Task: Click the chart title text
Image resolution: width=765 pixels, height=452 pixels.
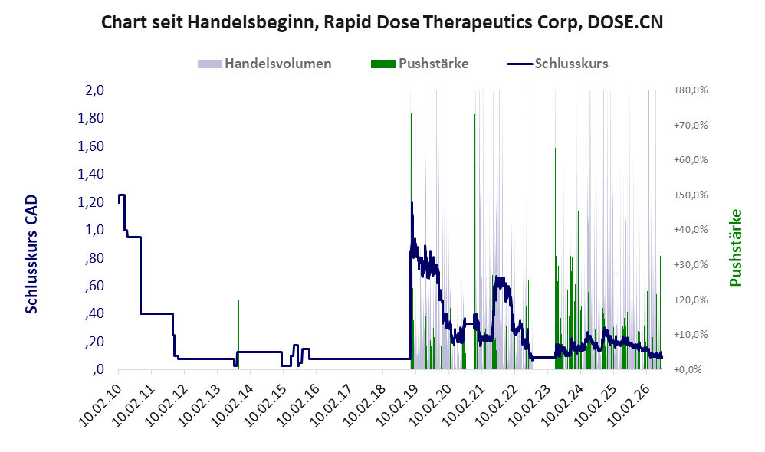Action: tap(382, 22)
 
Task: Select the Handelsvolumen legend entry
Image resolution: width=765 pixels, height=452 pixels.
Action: tap(264, 64)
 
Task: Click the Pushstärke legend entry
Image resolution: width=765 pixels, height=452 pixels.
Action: tap(419, 64)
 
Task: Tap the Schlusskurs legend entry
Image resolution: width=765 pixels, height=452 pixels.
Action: tap(557, 64)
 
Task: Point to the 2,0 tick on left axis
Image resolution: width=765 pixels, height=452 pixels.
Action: tap(94, 90)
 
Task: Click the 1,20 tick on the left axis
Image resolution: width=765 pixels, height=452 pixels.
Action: tap(90, 201)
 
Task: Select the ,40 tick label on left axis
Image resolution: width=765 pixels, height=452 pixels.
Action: tap(94, 313)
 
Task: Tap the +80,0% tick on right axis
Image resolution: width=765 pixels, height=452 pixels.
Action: tap(691, 90)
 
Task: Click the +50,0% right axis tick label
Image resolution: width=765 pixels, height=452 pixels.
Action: tap(691, 195)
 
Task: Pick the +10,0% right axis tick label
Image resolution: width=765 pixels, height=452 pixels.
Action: tap(691, 335)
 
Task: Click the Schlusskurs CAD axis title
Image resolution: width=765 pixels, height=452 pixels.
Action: tap(31, 254)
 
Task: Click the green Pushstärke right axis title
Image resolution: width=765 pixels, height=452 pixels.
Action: tap(736, 247)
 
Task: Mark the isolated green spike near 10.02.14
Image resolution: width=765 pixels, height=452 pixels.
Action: tap(238, 335)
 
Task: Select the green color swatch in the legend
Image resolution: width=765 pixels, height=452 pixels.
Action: tap(383, 64)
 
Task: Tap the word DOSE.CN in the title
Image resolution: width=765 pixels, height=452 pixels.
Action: tap(625, 22)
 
